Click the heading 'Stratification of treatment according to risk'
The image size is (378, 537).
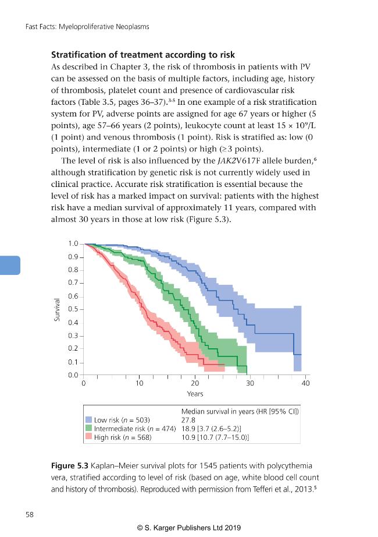click(143, 55)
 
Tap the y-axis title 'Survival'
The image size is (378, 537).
click(57, 310)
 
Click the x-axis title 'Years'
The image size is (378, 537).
click(195, 394)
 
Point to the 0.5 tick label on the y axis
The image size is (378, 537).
click(73, 309)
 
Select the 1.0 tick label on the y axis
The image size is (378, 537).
click(73, 243)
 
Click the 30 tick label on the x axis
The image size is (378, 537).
click(250, 383)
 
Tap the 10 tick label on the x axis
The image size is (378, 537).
click(140, 383)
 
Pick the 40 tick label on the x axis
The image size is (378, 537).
click(305, 383)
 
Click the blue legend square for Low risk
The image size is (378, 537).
click(88, 419)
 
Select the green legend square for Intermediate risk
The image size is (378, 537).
click(88, 428)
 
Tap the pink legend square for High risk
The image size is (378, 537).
click(88, 437)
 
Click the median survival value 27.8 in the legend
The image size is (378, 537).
click(188, 420)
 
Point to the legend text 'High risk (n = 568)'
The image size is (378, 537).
click(123, 437)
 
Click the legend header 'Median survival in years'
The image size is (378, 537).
click(218, 411)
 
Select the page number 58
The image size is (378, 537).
click(30, 514)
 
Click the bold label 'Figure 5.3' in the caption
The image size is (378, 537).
click(70, 466)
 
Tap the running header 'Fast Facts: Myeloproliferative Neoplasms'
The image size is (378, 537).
click(87, 27)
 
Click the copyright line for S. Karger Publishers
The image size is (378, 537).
click(189, 528)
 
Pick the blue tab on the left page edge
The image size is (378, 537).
click(10, 265)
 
